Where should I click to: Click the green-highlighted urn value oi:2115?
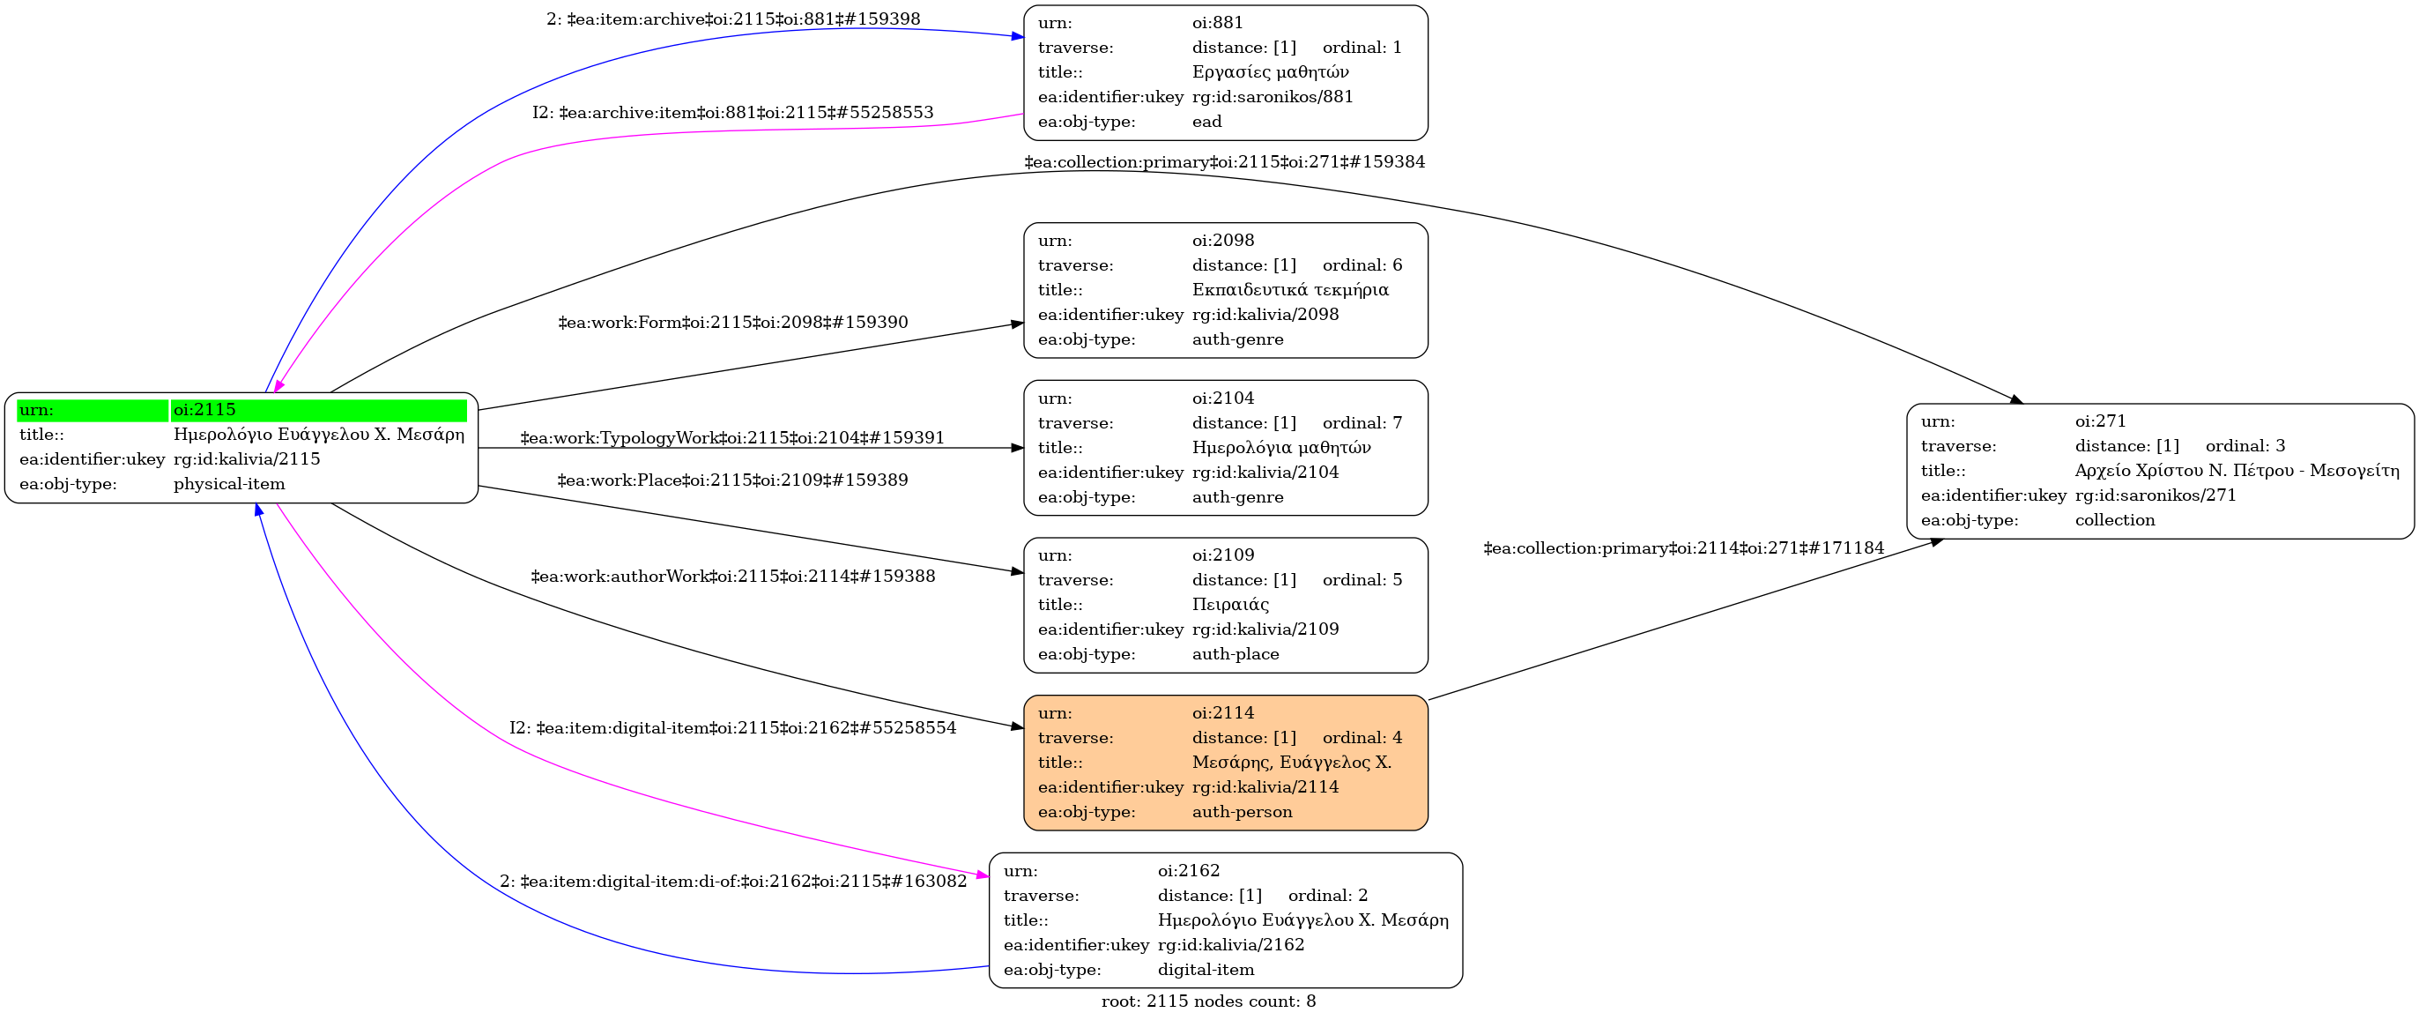click(204, 410)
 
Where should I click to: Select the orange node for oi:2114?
click(1225, 762)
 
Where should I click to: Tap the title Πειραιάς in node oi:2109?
click(1230, 604)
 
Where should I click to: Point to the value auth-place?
click(1235, 654)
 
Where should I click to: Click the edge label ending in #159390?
click(732, 322)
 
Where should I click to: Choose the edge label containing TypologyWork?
click(732, 437)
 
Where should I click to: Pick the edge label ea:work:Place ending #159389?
click(732, 480)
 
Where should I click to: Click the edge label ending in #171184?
click(1683, 547)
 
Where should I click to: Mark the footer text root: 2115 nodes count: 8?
click(1208, 1001)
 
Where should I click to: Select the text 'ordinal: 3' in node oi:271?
click(2245, 445)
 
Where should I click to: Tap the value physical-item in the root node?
click(229, 484)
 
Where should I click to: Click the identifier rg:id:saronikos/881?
click(1273, 96)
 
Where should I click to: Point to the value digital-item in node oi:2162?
click(1206, 969)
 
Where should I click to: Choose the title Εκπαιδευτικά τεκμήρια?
click(1289, 289)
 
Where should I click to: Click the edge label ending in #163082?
click(732, 881)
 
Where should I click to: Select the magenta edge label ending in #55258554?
click(732, 728)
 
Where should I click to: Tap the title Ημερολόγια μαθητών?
click(1280, 447)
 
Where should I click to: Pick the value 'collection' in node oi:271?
click(2115, 519)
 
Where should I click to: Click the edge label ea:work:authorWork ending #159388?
click(732, 576)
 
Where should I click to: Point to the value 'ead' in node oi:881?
click(1206, 121)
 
